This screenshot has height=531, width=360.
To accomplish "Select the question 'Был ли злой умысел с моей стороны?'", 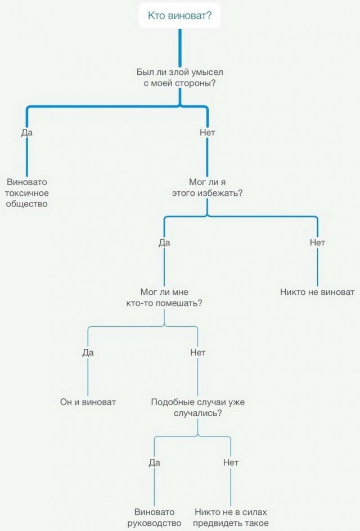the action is click(x=180, y=78).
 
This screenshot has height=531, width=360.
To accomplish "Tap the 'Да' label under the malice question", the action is click(x=27, y=132).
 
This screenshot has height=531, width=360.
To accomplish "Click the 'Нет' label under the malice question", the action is click(x=207, y=132).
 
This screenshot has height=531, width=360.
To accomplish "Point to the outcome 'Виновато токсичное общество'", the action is click(x=27, y=193).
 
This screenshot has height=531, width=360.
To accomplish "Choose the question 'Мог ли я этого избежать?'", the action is click(x=207, y=188).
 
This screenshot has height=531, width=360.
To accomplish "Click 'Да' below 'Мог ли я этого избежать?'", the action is click(x=164, y=242).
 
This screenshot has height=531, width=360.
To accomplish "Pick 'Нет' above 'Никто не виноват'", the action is click(x=317, y=242).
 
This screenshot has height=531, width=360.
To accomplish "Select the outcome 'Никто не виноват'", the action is click(x=317, y=292).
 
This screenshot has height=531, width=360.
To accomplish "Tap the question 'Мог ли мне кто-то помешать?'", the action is click(x=164, y=298).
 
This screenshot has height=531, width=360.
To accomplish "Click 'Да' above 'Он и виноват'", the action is click(x=88, y=353).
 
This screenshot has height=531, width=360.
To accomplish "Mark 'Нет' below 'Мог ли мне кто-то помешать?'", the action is click(x=198, y=353).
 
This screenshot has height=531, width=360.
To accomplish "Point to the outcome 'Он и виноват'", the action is click(x=88, y=402).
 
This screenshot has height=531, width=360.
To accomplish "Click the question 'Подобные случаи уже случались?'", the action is click(x=198, y=408).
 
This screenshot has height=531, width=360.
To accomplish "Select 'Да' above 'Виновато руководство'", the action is click(x=154, y=462).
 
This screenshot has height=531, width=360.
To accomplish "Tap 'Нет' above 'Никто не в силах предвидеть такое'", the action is click(x=231, y=462).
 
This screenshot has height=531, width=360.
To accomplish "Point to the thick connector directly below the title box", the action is click(x=180, y=48).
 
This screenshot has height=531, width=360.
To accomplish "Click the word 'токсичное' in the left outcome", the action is click(x=27, y=193).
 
